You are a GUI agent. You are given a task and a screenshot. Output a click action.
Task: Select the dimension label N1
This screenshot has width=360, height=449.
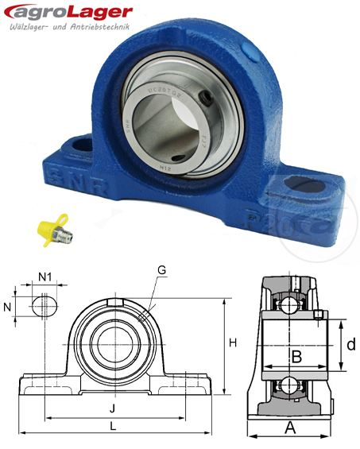click(45, 278)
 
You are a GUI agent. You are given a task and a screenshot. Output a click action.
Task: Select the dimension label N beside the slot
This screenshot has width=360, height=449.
click(8, 307)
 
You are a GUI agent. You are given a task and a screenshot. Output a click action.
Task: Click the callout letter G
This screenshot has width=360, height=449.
click(162, 270)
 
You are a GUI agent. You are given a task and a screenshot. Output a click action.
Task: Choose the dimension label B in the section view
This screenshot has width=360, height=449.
click(296, 357)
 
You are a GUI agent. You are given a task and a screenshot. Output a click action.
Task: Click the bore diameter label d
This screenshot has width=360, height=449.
click(350, 345)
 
